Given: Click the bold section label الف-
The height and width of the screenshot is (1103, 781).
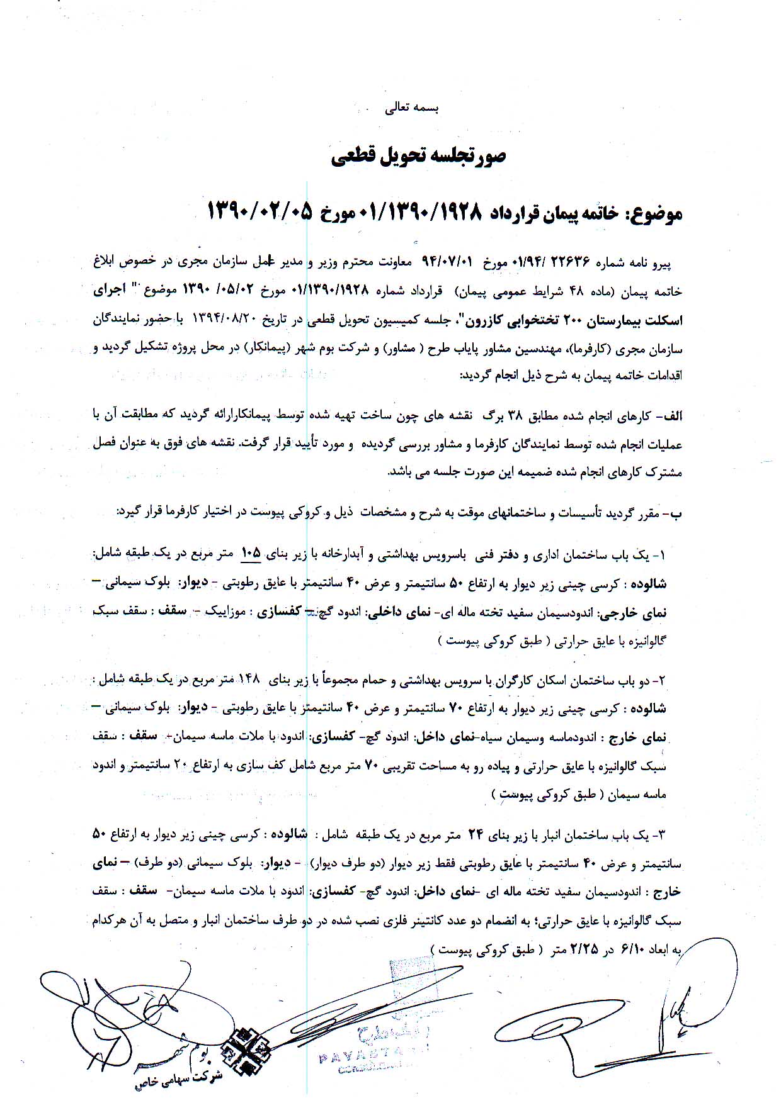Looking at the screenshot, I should (670, 415).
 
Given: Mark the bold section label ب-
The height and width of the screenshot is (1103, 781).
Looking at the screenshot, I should (675, 513).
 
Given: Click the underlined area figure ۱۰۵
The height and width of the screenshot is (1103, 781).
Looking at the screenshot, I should (251, 553).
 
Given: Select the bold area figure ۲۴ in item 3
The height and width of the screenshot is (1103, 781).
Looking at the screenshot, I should (474, 834).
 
